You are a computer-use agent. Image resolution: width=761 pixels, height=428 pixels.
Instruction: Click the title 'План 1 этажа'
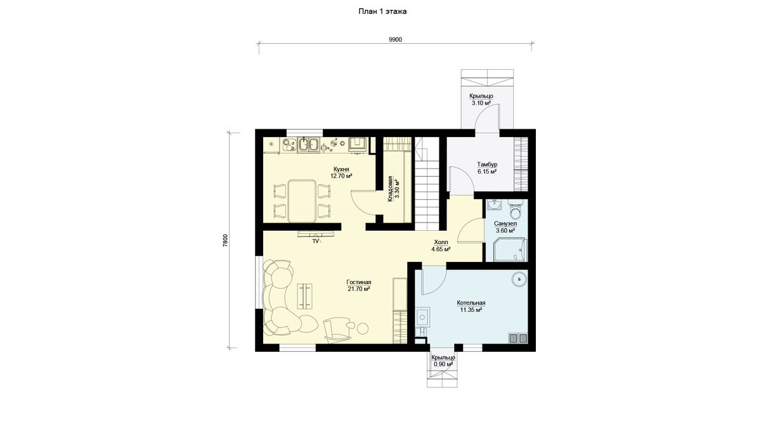(382, 11)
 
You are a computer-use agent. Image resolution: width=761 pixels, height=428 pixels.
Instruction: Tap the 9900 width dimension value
(396, 40)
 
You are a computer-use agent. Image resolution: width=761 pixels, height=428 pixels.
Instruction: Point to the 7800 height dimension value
(225, 240)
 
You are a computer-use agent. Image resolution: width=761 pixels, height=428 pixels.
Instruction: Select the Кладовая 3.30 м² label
(394, 189)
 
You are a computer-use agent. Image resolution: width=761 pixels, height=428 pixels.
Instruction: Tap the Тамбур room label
(487, 164)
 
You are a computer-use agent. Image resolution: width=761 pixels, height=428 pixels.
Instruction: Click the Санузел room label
(505, 223)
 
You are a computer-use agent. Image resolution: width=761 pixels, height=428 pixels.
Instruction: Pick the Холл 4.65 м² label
(441, 245)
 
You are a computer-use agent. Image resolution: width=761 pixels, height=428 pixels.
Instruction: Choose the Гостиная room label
(359, 282)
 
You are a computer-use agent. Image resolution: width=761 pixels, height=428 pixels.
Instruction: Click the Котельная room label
(471, 303)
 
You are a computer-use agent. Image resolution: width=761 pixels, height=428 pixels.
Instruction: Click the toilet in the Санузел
(516, 209)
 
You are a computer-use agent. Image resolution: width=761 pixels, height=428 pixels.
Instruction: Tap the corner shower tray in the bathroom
(509, 250)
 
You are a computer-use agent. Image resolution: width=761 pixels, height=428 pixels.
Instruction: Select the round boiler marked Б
(519, 279)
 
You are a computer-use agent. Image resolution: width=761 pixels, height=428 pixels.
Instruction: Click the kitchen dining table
(302, 201)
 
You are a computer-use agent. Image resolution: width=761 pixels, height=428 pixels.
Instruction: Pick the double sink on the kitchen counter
(70, 145)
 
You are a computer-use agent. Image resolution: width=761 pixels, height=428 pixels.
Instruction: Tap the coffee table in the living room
(67, 296)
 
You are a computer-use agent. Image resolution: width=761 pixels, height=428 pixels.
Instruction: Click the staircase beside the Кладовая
(426, 183)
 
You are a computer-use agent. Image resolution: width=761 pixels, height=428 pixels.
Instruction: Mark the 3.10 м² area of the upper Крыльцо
(481, 103)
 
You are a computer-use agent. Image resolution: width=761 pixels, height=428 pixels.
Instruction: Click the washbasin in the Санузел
(494, 205)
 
